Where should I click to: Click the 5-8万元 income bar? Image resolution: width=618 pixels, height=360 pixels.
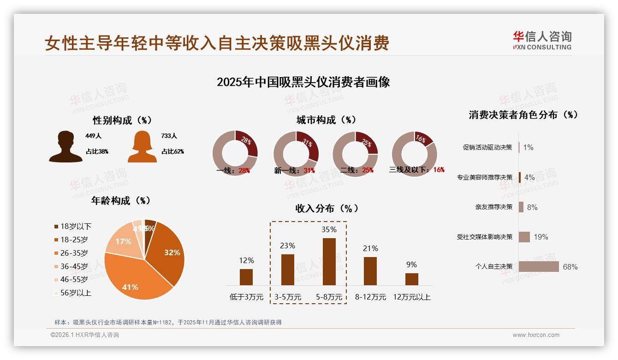pos(329,262)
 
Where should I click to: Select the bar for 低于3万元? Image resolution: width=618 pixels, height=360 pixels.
pos(246,277)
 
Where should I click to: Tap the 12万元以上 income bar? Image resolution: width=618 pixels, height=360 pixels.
pos(412,279)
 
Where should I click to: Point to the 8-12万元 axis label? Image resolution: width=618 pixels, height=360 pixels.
pos(370,297)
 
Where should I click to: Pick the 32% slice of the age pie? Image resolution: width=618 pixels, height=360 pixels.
pos(168,252)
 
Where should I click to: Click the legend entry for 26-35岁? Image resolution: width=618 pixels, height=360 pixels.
pos(74,253)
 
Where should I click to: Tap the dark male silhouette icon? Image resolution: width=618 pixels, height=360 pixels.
pos(65,147)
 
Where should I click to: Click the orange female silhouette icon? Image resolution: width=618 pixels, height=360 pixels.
pos(142,147)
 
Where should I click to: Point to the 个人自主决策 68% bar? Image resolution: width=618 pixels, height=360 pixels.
pos(539,267)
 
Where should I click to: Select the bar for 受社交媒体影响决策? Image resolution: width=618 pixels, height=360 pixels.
pos(524,237)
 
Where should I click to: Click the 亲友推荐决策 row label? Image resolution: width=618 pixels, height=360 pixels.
pos(493,207)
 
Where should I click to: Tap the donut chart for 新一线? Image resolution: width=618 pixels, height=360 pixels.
pos(296,154)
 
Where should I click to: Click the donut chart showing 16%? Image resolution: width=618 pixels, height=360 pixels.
pos(414,154)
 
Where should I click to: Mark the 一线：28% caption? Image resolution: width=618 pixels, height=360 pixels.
pos(233,170)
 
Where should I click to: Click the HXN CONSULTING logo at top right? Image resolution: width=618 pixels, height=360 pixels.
pos(542,40)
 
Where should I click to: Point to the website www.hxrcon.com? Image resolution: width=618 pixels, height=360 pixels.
pos(536,335)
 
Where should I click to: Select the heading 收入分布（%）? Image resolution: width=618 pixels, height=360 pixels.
pos(327,208)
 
